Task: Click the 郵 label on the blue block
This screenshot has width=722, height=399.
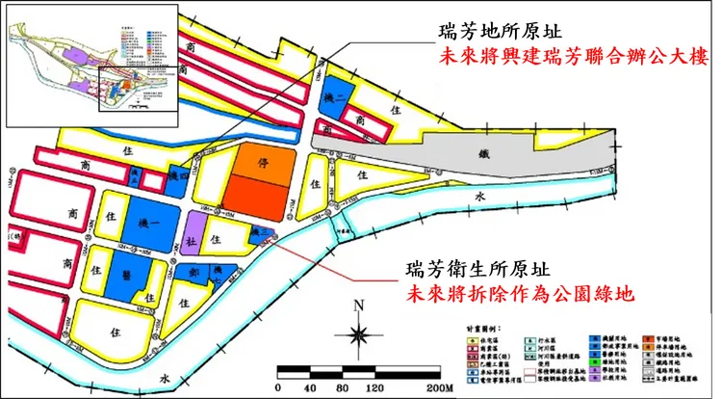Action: (x=194, y=274)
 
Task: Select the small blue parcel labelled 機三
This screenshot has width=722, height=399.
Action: (x=257, y=231)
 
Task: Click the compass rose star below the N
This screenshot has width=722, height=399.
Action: (x=358, y=334)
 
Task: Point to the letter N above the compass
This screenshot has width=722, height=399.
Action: (x=359, y=307)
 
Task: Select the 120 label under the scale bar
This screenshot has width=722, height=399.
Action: (x=371, y=387)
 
